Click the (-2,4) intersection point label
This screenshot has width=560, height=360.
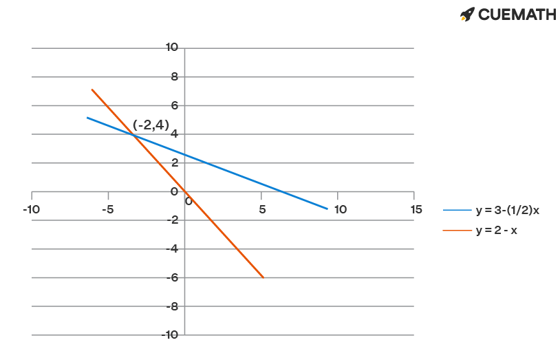coord(151,126)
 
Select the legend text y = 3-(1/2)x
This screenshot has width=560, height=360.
coord(507,211)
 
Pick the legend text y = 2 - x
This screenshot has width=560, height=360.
coord(496,231)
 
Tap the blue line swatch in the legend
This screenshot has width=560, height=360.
coord(457,211)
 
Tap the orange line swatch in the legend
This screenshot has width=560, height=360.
coord(457,231)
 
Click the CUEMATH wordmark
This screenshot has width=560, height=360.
coord(517,14)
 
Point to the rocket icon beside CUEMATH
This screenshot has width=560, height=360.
coord(467,14)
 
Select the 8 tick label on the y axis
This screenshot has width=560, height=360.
coord(175,76)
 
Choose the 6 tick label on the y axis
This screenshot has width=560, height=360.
coord(175,105)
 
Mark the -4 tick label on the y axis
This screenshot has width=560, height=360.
coord(173,248)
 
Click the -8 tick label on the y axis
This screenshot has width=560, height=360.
coord(173,306)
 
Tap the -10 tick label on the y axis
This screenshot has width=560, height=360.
coord(170,335)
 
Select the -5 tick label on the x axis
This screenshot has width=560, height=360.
coord(107,209)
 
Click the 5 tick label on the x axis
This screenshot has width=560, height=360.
coord(261,209)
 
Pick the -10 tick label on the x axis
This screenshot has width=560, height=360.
coord(31,209)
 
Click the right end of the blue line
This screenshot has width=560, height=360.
coord(327,208)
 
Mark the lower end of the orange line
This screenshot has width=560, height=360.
coord(263,277)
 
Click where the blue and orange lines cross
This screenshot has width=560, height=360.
coord(133,134)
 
